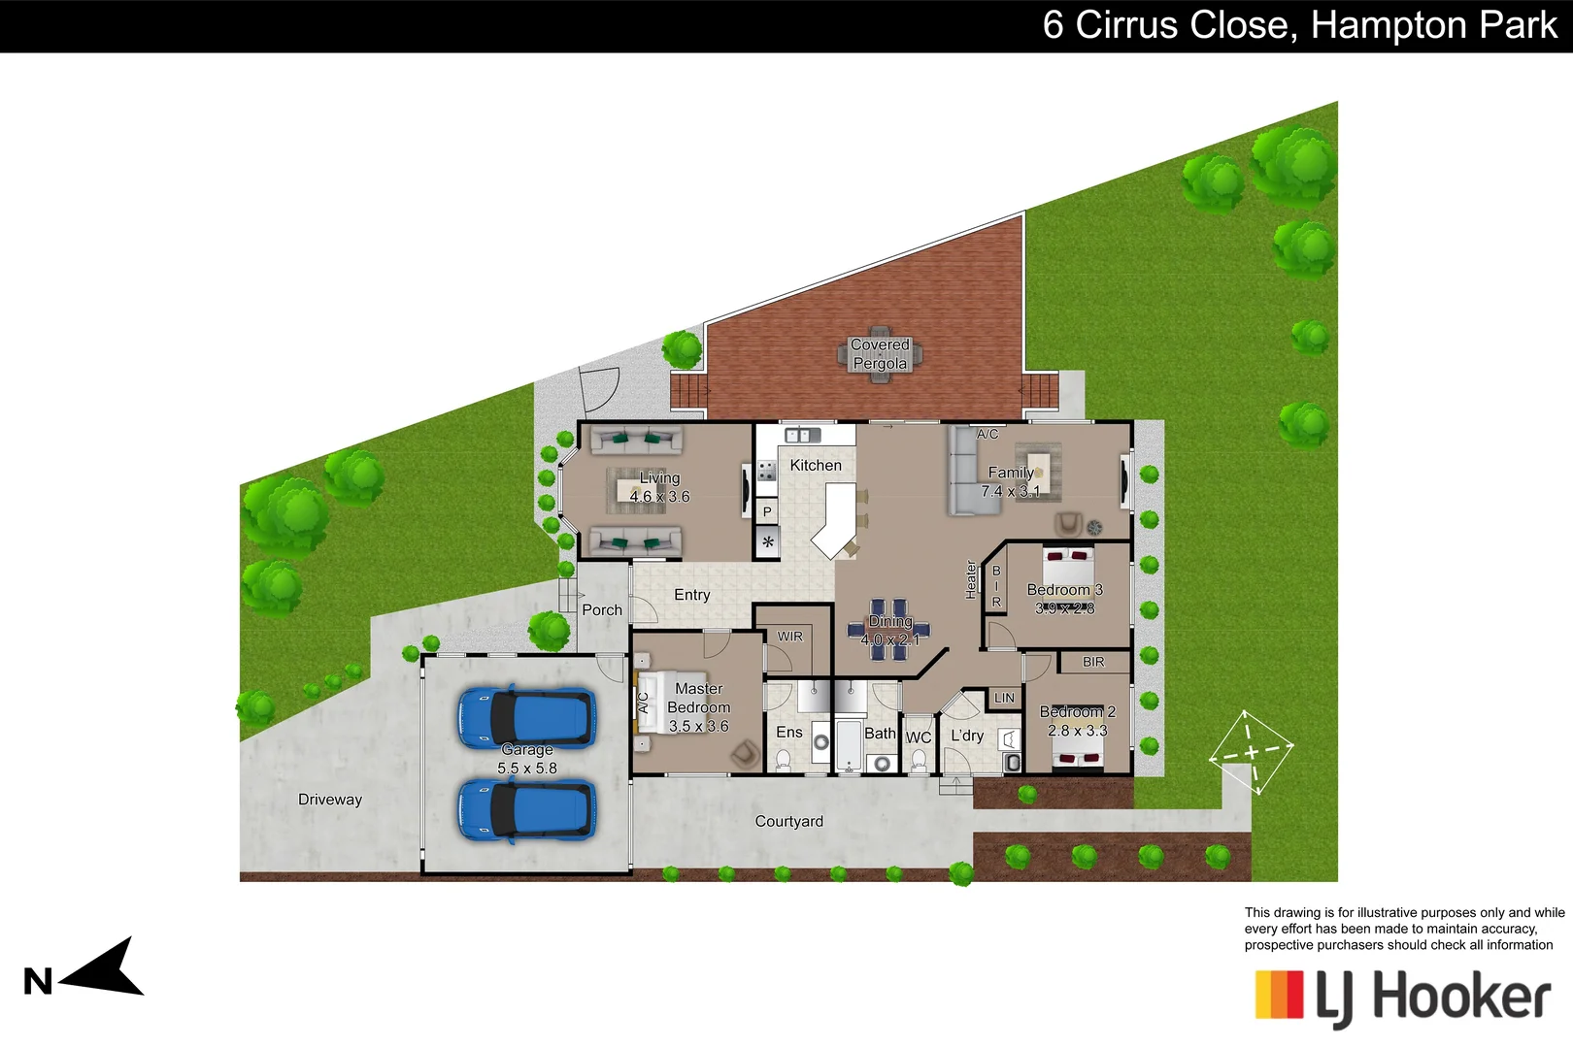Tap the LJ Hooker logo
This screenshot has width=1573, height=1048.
click(1402, 997)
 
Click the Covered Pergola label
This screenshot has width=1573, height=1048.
click(880, 354)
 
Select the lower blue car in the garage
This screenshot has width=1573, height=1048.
click(527, 809)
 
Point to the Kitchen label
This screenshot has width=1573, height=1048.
click(816, 466)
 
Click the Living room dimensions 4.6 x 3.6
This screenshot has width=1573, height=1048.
click(659, 497)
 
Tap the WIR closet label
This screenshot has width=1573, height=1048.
click(790, 637)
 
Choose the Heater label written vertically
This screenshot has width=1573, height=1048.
click(971, 579)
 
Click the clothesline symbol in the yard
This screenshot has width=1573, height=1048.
click(1251, 752)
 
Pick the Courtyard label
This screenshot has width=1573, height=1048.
click(788, 822)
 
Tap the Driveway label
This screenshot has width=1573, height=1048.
click(330, 800)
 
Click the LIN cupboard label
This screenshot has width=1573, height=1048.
click(1004, 698)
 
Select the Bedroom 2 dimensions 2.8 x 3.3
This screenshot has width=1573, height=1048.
click(1077, 731)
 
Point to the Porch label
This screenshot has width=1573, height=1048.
click(602, 610)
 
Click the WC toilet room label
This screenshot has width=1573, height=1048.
click(919, 737)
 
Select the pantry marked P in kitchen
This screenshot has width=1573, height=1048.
click(767, 511)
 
